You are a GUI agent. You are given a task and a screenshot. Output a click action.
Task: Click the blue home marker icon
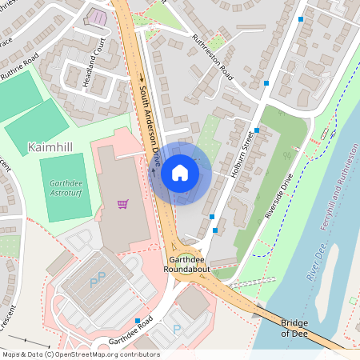point(180,173)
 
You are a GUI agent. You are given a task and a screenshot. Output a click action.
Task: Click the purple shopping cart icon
point(122,205)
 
